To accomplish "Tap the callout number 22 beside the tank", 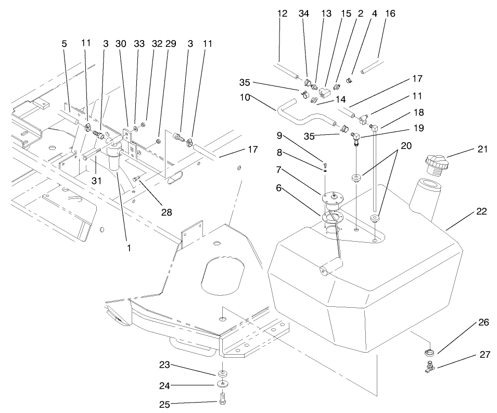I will [x=481, y=212].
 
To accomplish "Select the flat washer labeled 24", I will [x=223, y=385].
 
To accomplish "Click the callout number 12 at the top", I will [x=283, y=14].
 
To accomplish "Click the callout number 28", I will [x=167, y=212].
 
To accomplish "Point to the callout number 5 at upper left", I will [x=64, y=44].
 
